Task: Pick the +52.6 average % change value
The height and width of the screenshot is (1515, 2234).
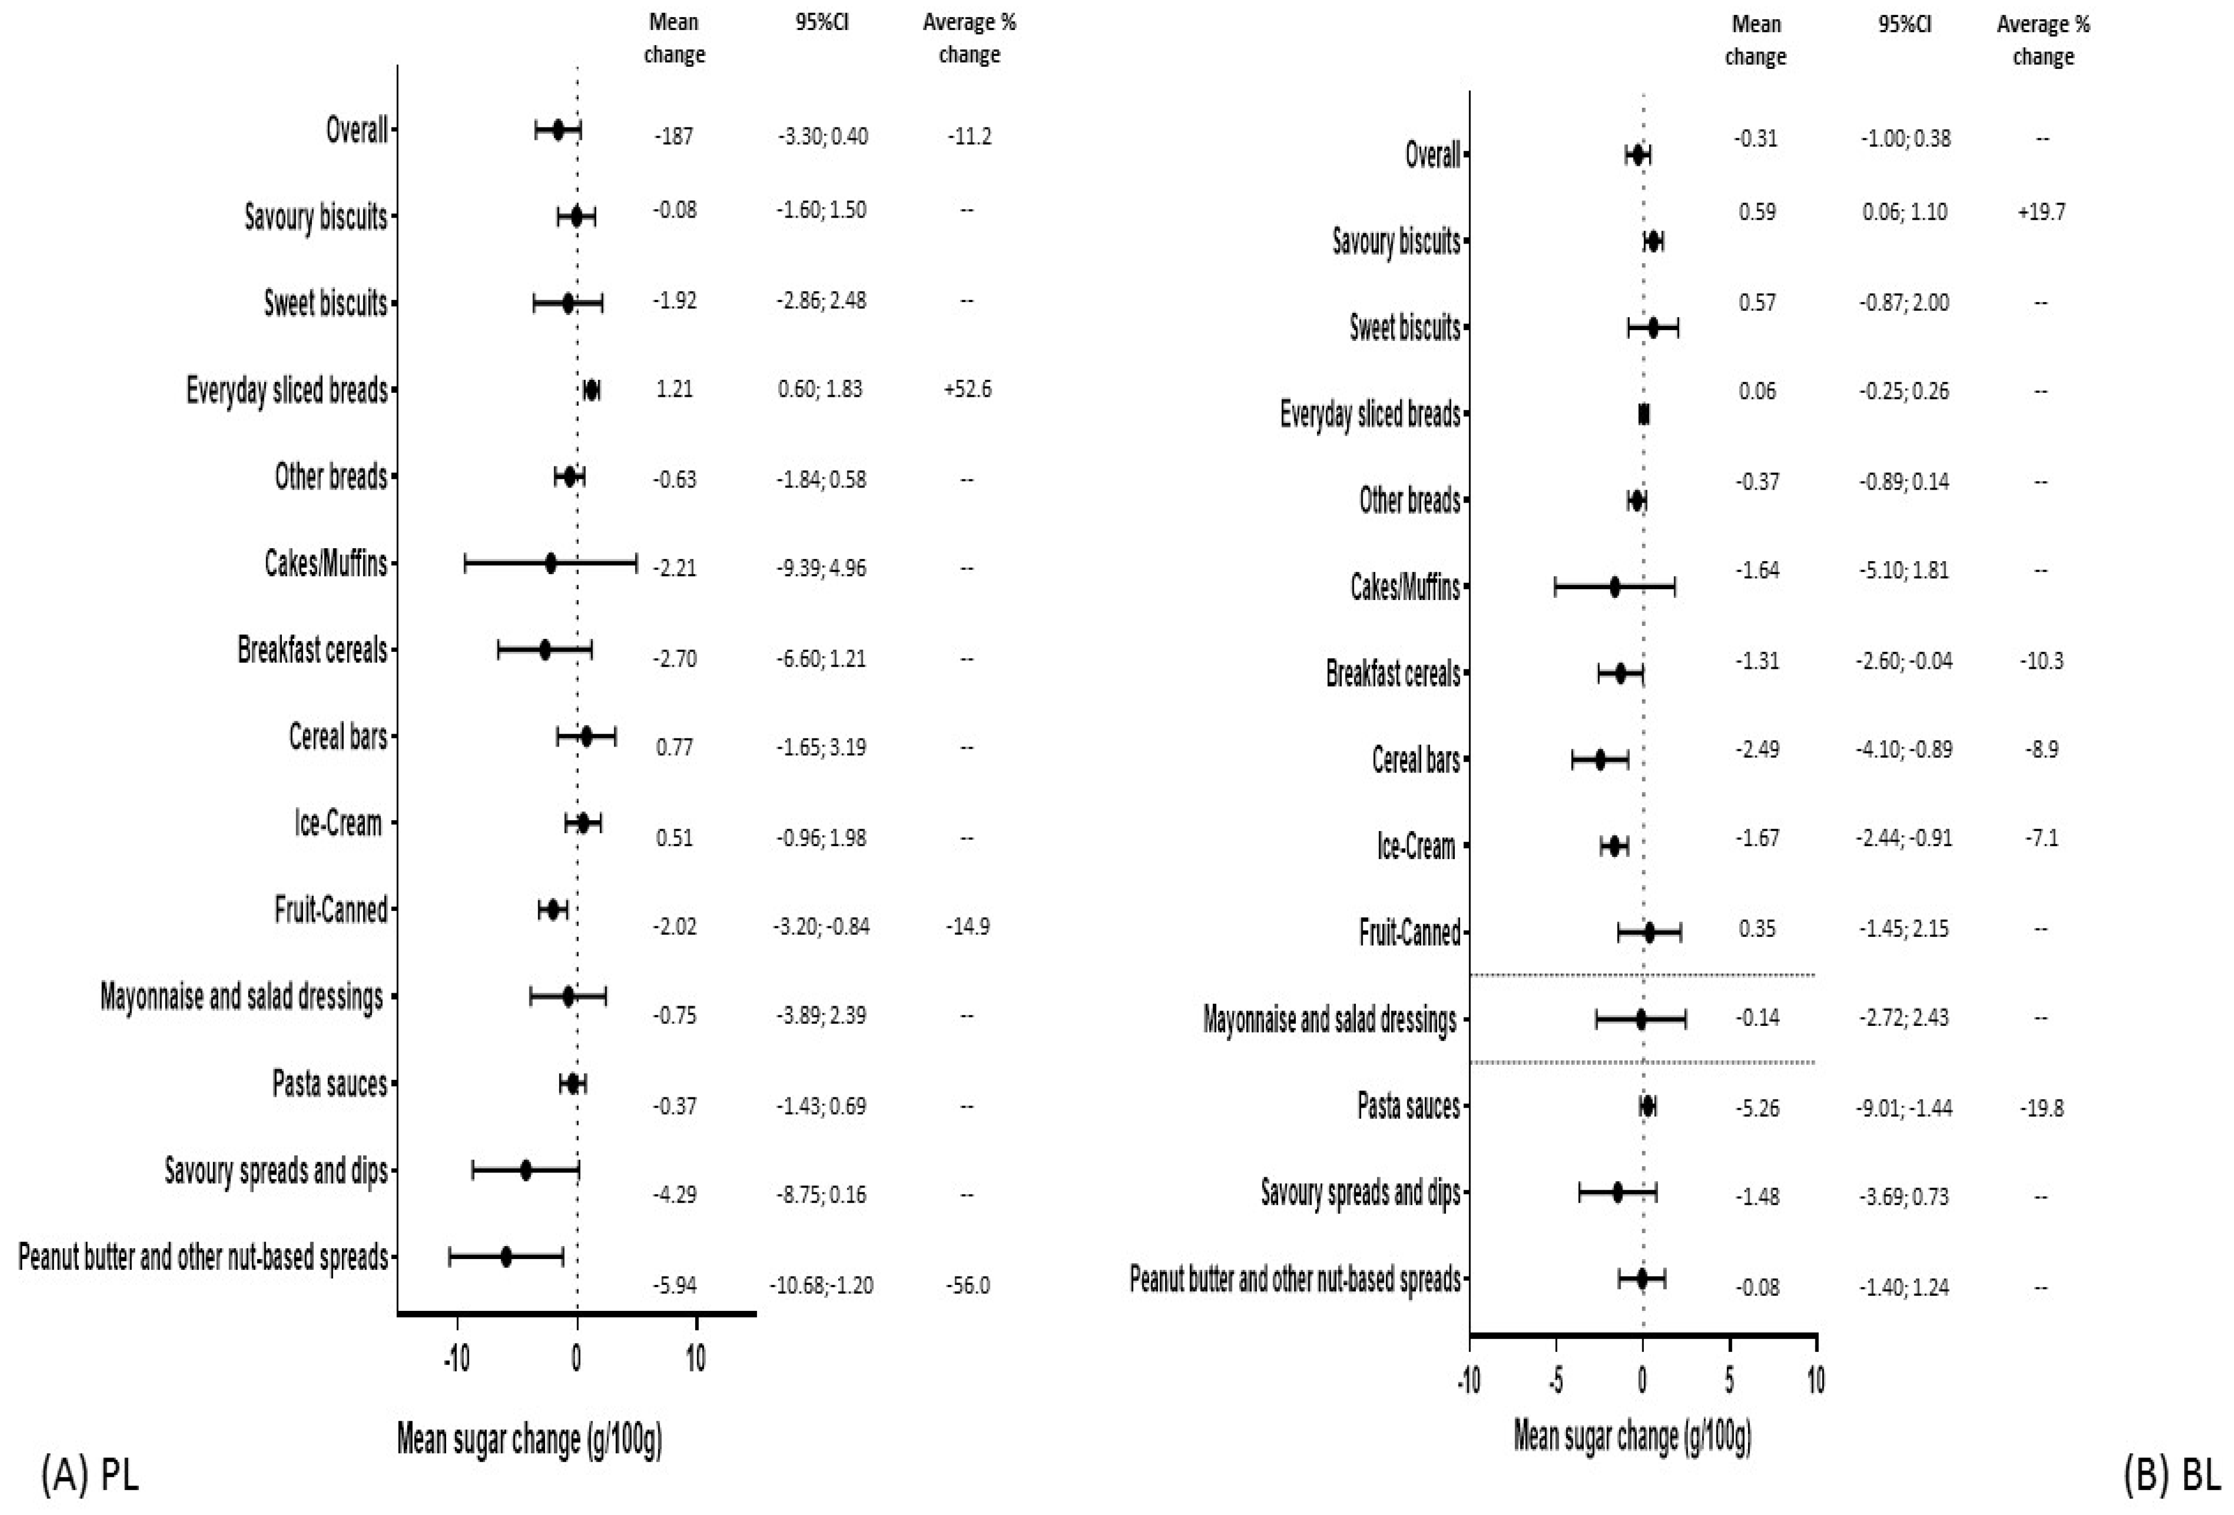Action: tap(968, 389)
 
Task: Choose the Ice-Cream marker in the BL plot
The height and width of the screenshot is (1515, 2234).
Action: tap(1615, 846)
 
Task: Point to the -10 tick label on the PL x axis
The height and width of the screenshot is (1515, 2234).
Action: tap(456, 1359)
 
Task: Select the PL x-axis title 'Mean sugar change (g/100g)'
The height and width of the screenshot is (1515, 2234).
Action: tap(529, 1439)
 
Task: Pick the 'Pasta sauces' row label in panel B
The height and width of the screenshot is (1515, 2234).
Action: tap(1408, 1106)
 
